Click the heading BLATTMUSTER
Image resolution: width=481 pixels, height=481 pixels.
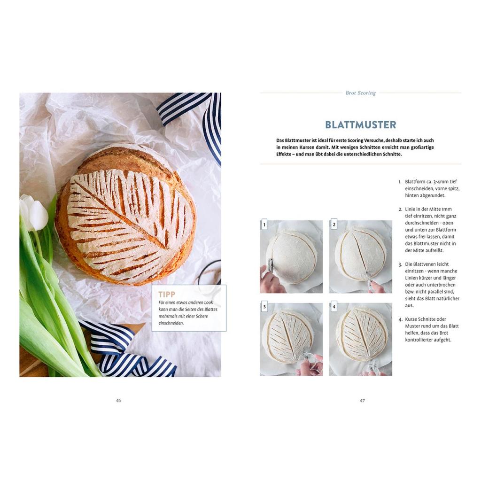point(360,124)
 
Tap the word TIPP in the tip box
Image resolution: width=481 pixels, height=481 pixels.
point(167,295)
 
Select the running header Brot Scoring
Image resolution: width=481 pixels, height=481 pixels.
point(360,93)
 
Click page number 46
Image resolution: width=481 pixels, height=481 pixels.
point(119,400)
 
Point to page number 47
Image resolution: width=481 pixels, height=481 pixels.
point(362,400)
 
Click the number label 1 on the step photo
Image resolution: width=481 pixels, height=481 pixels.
point(264,225)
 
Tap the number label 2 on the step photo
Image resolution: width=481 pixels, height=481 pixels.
point(334,225)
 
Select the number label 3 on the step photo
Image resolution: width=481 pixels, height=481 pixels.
point(264,307)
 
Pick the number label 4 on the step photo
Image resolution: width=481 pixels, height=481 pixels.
point(334,307)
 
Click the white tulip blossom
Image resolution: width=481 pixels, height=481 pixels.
point(34,212)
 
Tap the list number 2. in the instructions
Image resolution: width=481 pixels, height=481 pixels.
point(400,209)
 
